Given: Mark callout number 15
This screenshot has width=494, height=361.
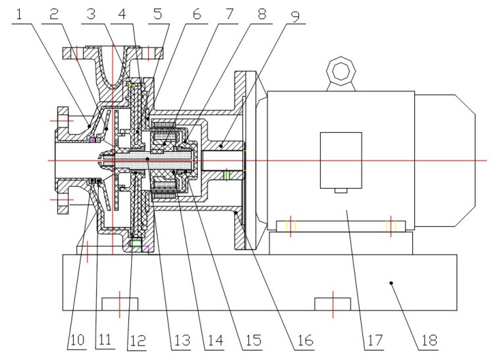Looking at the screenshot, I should click(x=252, y=341).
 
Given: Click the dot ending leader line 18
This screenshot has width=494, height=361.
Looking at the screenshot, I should click(x=391, y=283).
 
